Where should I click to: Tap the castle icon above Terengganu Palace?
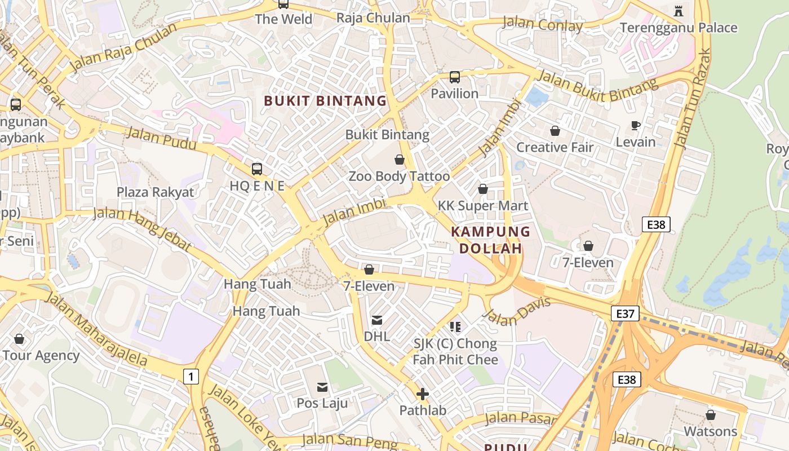click(678, 11)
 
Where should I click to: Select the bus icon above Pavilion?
click(454, 77)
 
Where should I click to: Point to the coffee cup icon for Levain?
click(635, 125)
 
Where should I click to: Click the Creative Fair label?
click(555, 147)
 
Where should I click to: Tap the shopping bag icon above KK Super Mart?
click(482, 189)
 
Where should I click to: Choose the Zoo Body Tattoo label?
click(399, 176)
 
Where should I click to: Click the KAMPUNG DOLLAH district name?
click(490, 240)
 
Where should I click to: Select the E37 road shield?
click(625, 313)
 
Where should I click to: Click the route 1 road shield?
click(191, 376)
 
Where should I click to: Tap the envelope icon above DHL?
click(376, 320)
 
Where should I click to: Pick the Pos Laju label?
click(322, 403)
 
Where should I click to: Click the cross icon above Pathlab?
click(422, 394)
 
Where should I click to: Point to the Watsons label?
click(710, 431)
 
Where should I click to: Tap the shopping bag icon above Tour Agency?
click(19, 339)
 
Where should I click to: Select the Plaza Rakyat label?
click(155, 192)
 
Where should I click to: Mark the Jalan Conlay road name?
click(542, 24)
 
